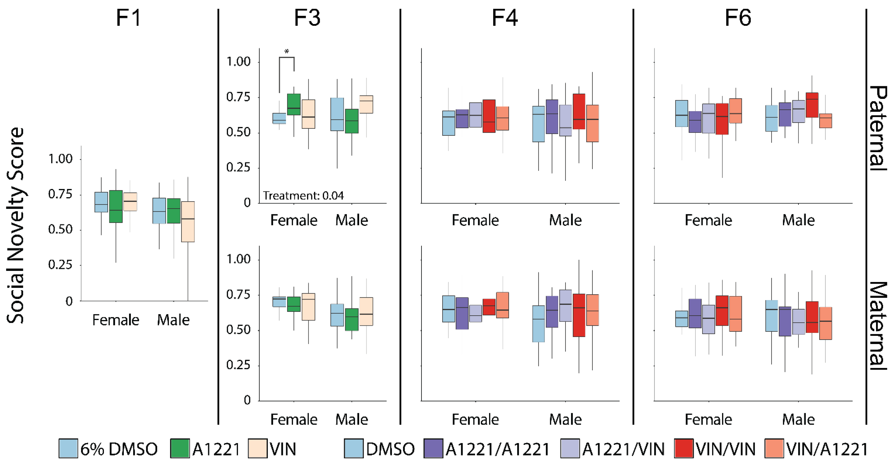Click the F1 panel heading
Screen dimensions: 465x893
(129, 18)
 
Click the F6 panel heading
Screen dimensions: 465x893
(738, 18)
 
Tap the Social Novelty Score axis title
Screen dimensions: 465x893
(16, 225)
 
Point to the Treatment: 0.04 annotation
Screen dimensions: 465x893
(303, 196)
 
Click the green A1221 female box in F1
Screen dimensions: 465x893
(116, 207)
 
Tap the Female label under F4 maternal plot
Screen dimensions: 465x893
(475, 420)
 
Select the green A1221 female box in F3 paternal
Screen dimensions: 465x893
(294, 104)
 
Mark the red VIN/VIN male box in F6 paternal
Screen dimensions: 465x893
(812, 105)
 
